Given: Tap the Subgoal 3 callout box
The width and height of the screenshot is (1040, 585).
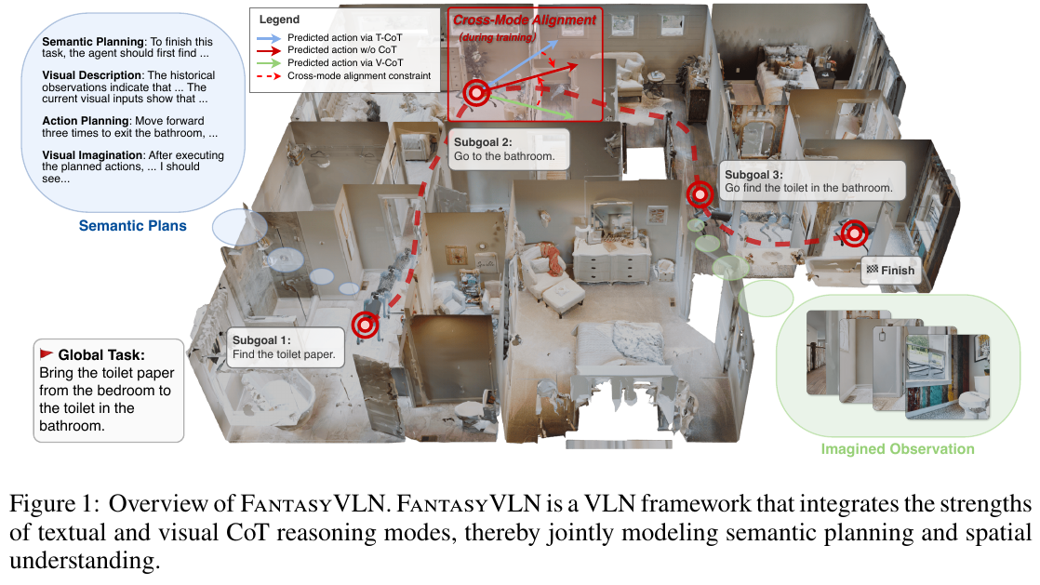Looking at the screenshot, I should click(x=808, y=180).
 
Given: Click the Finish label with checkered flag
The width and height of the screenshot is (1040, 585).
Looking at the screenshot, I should click(x=890, y=271).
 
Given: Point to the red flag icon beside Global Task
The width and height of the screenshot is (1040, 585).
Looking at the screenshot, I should click(x=46, y=353).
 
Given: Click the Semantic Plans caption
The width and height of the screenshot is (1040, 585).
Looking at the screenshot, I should click(x=132, y=225).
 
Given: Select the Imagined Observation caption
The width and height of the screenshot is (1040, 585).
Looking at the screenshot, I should click(x=897, y=449).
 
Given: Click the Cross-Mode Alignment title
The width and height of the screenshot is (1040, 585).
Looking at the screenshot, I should click(x=525, y=20).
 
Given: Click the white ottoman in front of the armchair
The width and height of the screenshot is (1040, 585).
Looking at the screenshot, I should click(x=560, y=299).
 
